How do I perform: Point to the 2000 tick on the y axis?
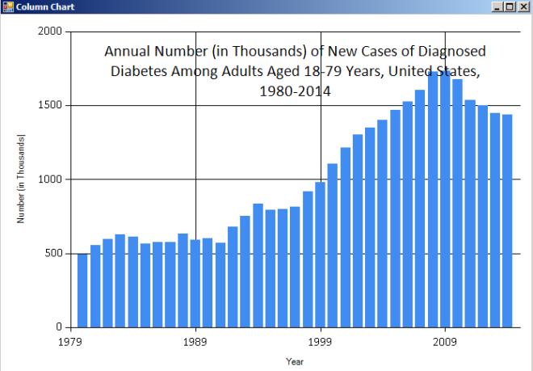(50, 32)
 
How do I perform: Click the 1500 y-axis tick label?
(50, 106)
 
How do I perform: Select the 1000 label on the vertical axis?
(50, 179)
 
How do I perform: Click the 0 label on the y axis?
(58, 327)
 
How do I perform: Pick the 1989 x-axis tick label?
(196, 342)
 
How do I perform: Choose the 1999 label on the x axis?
(321, 342)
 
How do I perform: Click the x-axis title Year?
(295, 361)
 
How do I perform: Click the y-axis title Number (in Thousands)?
(21, 179)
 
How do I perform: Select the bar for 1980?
(82, 290)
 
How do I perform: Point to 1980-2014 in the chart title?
(295, 91)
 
